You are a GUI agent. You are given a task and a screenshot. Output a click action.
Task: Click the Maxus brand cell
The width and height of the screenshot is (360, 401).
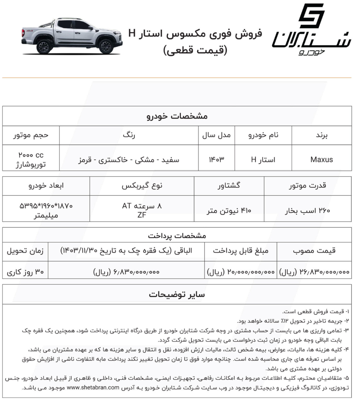(321, 159)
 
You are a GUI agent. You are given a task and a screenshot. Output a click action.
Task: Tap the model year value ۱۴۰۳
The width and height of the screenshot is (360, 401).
(216, 159)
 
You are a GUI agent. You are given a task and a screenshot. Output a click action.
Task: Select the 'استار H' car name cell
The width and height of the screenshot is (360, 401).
(263, 159)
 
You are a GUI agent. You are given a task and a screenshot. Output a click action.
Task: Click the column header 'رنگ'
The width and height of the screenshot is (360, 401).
(129, 136)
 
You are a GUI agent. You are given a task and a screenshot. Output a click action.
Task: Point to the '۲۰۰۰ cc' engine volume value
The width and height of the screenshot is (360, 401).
(31, 155)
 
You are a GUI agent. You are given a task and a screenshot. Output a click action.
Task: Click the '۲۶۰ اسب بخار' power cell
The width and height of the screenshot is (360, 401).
(308, 210)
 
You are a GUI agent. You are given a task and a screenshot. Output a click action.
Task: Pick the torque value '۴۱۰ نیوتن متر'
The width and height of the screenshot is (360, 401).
(229, 210)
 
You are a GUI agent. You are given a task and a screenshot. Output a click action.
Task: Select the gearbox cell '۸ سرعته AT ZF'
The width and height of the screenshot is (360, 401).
(142, 210)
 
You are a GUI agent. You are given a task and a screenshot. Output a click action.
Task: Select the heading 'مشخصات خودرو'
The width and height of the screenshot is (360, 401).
(177, 116)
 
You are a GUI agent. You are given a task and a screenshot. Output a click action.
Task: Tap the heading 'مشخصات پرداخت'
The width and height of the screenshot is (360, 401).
(177, 236)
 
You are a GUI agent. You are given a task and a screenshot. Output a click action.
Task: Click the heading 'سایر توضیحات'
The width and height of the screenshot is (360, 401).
(177, 295)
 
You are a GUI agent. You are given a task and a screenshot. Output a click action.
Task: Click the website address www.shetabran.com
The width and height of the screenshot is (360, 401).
(93, 388)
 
